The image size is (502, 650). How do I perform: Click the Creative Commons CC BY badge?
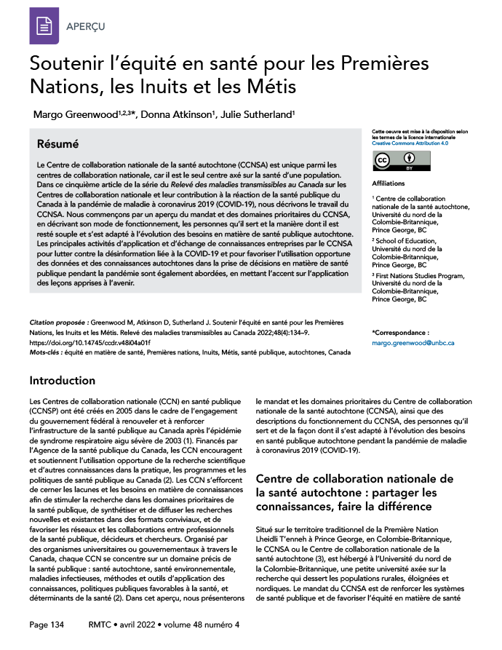pyautogui.click(x=393, y=162)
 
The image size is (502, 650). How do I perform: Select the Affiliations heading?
pyautogui.click(x=388, y=183)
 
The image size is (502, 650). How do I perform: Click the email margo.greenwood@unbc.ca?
pyautogui.click(x=413, y=341)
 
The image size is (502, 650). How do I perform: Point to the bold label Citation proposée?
pyautogui.click(x=59, y=321)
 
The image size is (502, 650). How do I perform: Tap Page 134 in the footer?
pyautogui.click(x=47, y=625)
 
